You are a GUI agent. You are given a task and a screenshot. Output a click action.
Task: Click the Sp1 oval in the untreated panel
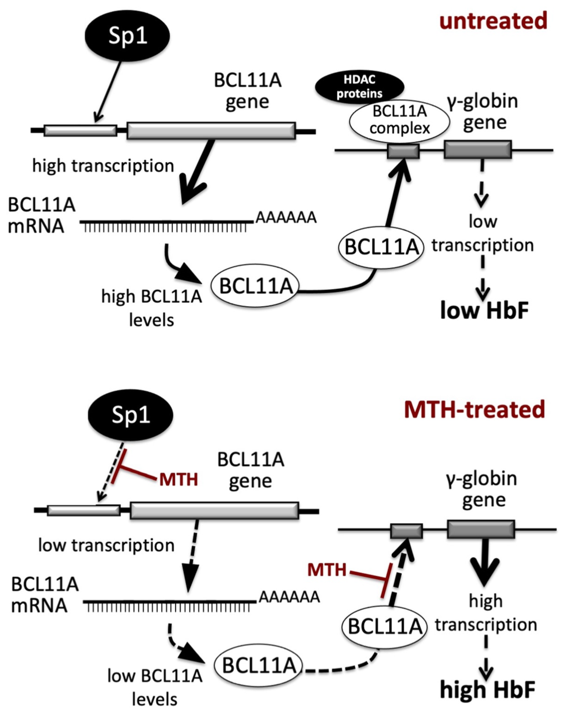(128, 36)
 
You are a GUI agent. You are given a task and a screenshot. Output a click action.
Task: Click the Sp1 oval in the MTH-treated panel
(130, 415)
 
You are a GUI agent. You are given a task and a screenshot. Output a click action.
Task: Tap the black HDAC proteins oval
(360, 87)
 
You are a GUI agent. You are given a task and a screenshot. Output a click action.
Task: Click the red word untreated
(493, 21)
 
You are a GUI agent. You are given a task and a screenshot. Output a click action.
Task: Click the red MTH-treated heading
(475, 410)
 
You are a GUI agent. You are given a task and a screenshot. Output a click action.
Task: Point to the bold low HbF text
(484, 311)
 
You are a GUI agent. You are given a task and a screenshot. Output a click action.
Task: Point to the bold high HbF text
(487, 690)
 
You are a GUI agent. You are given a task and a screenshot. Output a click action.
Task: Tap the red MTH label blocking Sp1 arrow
(179, 479)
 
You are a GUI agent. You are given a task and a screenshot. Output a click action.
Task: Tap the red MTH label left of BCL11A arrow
(327, 570)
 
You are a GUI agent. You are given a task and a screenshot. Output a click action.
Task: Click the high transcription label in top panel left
(103, 166)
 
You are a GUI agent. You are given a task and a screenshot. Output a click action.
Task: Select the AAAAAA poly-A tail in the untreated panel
(286, 218)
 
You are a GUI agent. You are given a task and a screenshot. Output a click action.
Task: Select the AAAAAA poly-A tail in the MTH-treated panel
(289, 597)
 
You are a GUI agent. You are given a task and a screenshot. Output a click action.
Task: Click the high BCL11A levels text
(152, 308)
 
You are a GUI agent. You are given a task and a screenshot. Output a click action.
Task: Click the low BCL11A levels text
(154, 687)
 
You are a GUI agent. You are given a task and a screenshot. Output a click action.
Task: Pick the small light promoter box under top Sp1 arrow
(80, 130)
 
